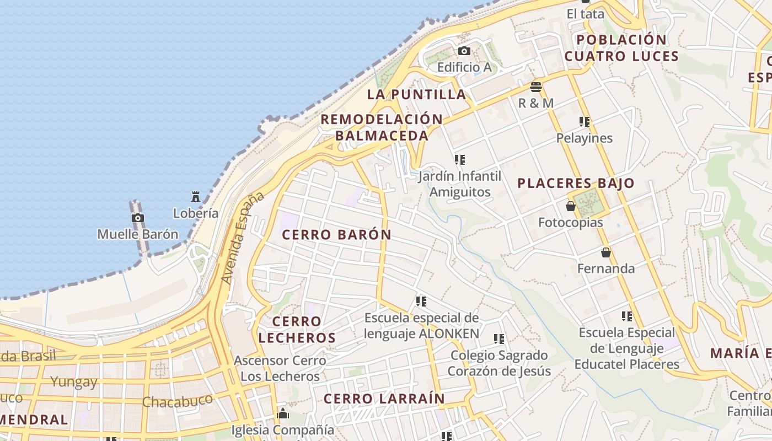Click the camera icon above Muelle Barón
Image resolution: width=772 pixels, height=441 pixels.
pyautogui.click(x=138, y=218)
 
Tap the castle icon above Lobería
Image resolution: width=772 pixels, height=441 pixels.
pyautogui.click(x=196, y=196)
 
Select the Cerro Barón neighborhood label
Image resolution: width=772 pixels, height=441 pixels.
pyautogui.click(x=336, y=235)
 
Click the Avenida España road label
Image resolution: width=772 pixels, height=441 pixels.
pyautogui.click(x=242, y=238)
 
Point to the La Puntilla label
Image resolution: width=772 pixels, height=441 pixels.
pyautogui.click(x=417, y=94)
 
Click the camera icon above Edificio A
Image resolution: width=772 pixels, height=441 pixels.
pyautogui.click(x=464, y=51)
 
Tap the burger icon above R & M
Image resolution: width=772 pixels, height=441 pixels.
pyautogui.click(x=536, y=87)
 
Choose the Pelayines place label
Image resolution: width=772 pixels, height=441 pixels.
pyautogui.click(x=585, y=138)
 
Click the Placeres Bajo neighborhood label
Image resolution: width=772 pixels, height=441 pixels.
pyautogui.click(x=576, y=184)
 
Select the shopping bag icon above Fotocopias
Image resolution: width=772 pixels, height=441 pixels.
pyautogui.click(x=571, y=206)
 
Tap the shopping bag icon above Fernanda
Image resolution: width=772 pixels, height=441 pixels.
pyautogui.click(x=606, y=252)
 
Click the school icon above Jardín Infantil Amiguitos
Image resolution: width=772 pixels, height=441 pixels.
pyautogui.click(x=460, y=160)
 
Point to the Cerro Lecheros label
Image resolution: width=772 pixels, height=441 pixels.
pyautogui.click(x=297, y=330)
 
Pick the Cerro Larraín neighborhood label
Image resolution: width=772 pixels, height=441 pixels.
pyautogui.click(x=384, y=399)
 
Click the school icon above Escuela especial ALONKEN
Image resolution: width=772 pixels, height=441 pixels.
pyautogui.click(x=421, y=302)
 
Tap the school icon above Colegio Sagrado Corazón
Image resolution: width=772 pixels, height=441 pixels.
pyautogui.click(x=499, y=339)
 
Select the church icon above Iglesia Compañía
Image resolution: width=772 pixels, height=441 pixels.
pyautogui.click(x=283, y=413)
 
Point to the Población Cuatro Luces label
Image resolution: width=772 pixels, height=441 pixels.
pyautogui.click(x=621, y=48)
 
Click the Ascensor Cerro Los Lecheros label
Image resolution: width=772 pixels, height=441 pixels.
pyautogui.click(x=280, y=369)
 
